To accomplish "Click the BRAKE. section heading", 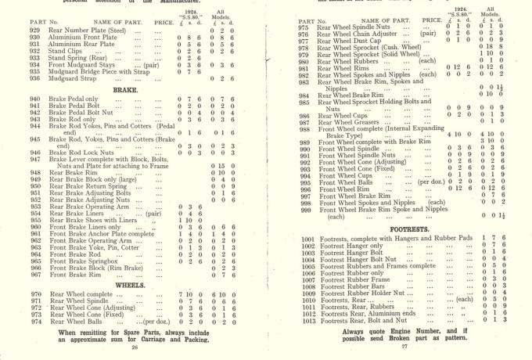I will (125, 90).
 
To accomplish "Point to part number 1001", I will (307, 239).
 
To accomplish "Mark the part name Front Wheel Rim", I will (344, 189).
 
